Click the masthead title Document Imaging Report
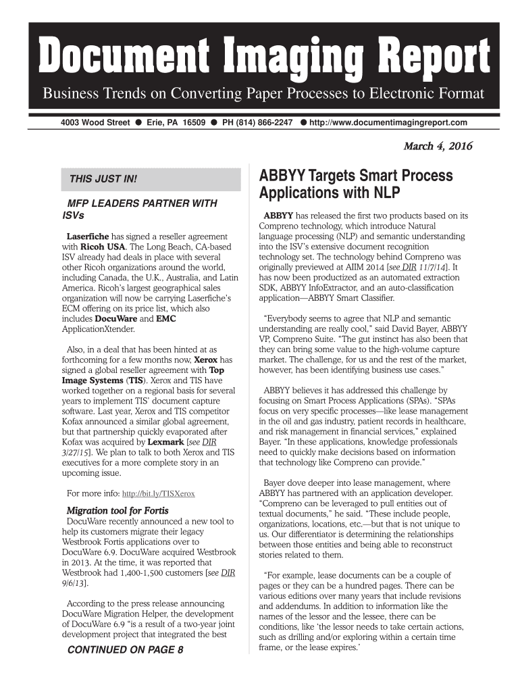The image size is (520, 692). pyautogui.click(x=263, y=57)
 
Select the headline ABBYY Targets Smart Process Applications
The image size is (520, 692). pyautogui.click(x=357, y=185)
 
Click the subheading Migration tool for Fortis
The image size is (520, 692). pyautogui.click(x=117, y=510)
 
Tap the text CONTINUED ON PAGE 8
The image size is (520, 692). pyautogui.click(x=124, y=651)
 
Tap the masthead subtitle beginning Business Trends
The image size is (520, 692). pyautogui.click(x=264, y=93)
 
